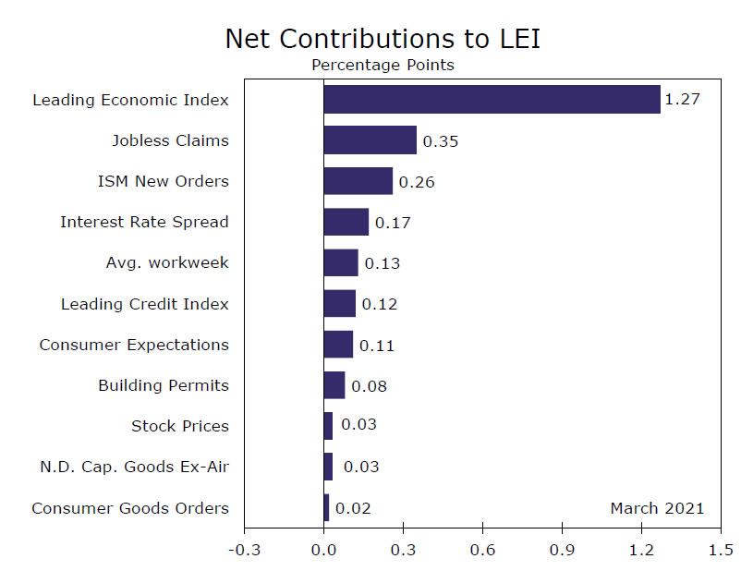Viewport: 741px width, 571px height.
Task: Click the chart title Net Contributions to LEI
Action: pyautogui.click(x=383, y=38)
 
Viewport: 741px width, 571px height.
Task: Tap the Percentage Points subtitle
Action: pyautogui.click(x=383, y=65)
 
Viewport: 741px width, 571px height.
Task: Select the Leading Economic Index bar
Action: pyautogui.click(x=492, y=99)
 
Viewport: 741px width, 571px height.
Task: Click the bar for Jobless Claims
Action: pyautogui.click(x=370, y=140)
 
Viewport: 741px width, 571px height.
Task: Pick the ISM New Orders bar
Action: pyautogui.click(x=358, y=181)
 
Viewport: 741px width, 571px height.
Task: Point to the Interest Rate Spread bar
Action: pyautogui.click(x=346, y=222)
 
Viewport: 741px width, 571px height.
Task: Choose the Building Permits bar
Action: pyautogui.click(x=334, y=385)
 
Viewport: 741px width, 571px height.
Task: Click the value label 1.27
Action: pyautogui.click(x=682, y=99)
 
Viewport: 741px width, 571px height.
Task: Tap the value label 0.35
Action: pyautogui.click(x=440, y=141)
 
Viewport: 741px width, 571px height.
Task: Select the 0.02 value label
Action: pyautogui.click(x=352, y=508)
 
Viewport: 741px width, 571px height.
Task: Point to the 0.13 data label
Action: pyautogui.click(x=382, y=263)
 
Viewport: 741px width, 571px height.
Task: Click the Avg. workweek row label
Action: pyautogui.click(x=167, y=262)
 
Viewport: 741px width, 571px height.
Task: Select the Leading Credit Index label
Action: pyautogui.click(x=144, y=304)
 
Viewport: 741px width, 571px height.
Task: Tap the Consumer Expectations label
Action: pyautogui.click(x=134, y=345)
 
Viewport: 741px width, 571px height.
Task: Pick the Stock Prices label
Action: pyautogui.click(x=180, y=426)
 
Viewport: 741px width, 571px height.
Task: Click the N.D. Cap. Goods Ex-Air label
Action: pyautogui.click(x=133, y=467)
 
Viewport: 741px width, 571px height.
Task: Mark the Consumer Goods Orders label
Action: pyautogui.click(x=130, y=507)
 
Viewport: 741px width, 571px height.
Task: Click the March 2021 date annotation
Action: pyautogui.click(x=657, y=507)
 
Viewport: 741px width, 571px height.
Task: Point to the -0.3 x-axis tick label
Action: pyautogui.click(x=244, y=551)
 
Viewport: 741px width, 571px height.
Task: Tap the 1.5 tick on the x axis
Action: pyautogui.click(x=720, y=551)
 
